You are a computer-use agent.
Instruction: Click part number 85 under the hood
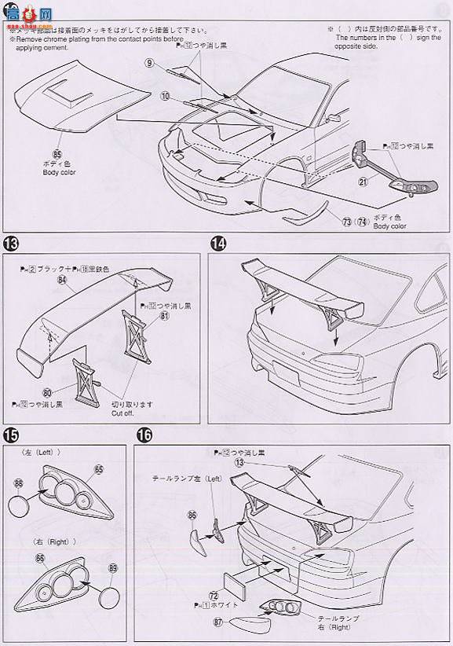(x=57, y=156)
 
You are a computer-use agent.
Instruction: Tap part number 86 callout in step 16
(x=192, y=515)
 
